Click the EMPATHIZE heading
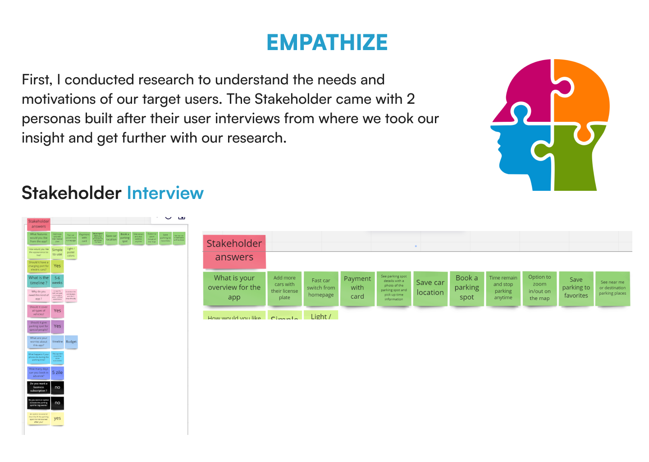(x=327, y=43)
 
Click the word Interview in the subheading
(x=165, y=193)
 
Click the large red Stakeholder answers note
(x=234, y=250)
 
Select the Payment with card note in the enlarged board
(x=357, y=288)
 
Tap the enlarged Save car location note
(x=430, y=288)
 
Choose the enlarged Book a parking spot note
(x=466, y=288)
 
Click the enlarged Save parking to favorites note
(x=576, y=288)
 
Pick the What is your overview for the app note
(x=234, y=288)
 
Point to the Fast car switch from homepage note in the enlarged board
(x=321, y=288)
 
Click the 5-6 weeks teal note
(x=57, y=281)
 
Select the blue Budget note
(x=71, y=342)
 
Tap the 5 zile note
(x=57, y=373)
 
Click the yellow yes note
(x=57, y=418)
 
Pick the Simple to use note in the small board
(x=57, y=252)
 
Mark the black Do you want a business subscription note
(x=38, y=387)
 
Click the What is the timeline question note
(x=38, y=281)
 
